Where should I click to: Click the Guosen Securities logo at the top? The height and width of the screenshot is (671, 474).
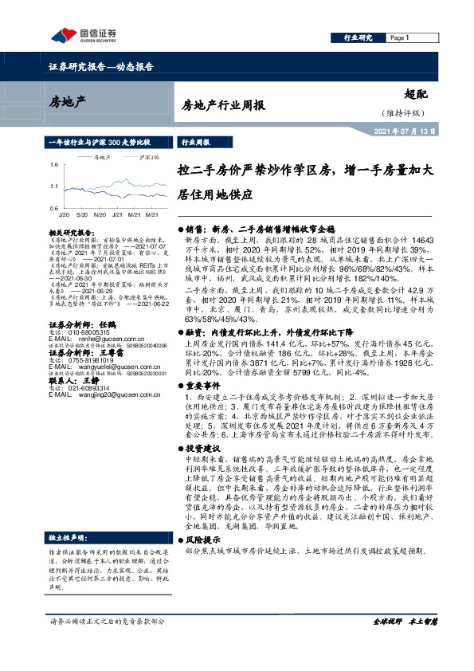(x=80, y=34)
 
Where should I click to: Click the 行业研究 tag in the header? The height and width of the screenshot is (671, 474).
(x=358, y=37)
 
